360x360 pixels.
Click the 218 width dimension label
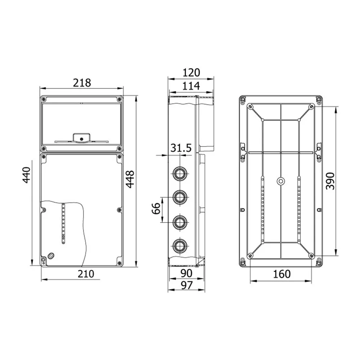82,83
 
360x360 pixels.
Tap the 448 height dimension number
130,179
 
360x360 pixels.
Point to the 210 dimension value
86,274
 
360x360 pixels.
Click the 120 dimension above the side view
191,73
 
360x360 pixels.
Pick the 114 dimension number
191,86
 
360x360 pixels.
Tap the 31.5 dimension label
181,148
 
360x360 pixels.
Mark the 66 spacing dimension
156,208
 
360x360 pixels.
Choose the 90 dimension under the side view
186,273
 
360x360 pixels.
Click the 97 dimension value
186,285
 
